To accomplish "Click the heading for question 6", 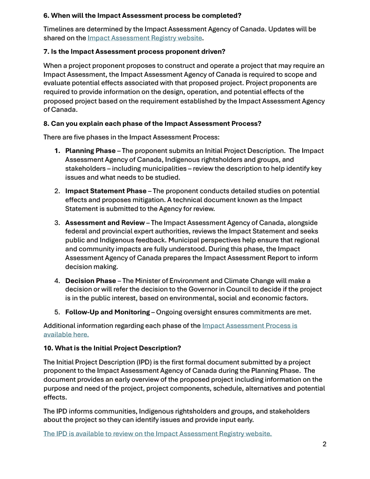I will coord(142,15).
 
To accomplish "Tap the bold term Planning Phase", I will coord(90,151).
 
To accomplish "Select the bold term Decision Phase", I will coord(90,281).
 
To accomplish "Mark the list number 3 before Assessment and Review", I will coord(57,223).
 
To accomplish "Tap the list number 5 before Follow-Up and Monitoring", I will coord(57,312).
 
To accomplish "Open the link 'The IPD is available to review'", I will coord(157,434).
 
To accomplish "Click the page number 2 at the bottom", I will coord(324,444).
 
